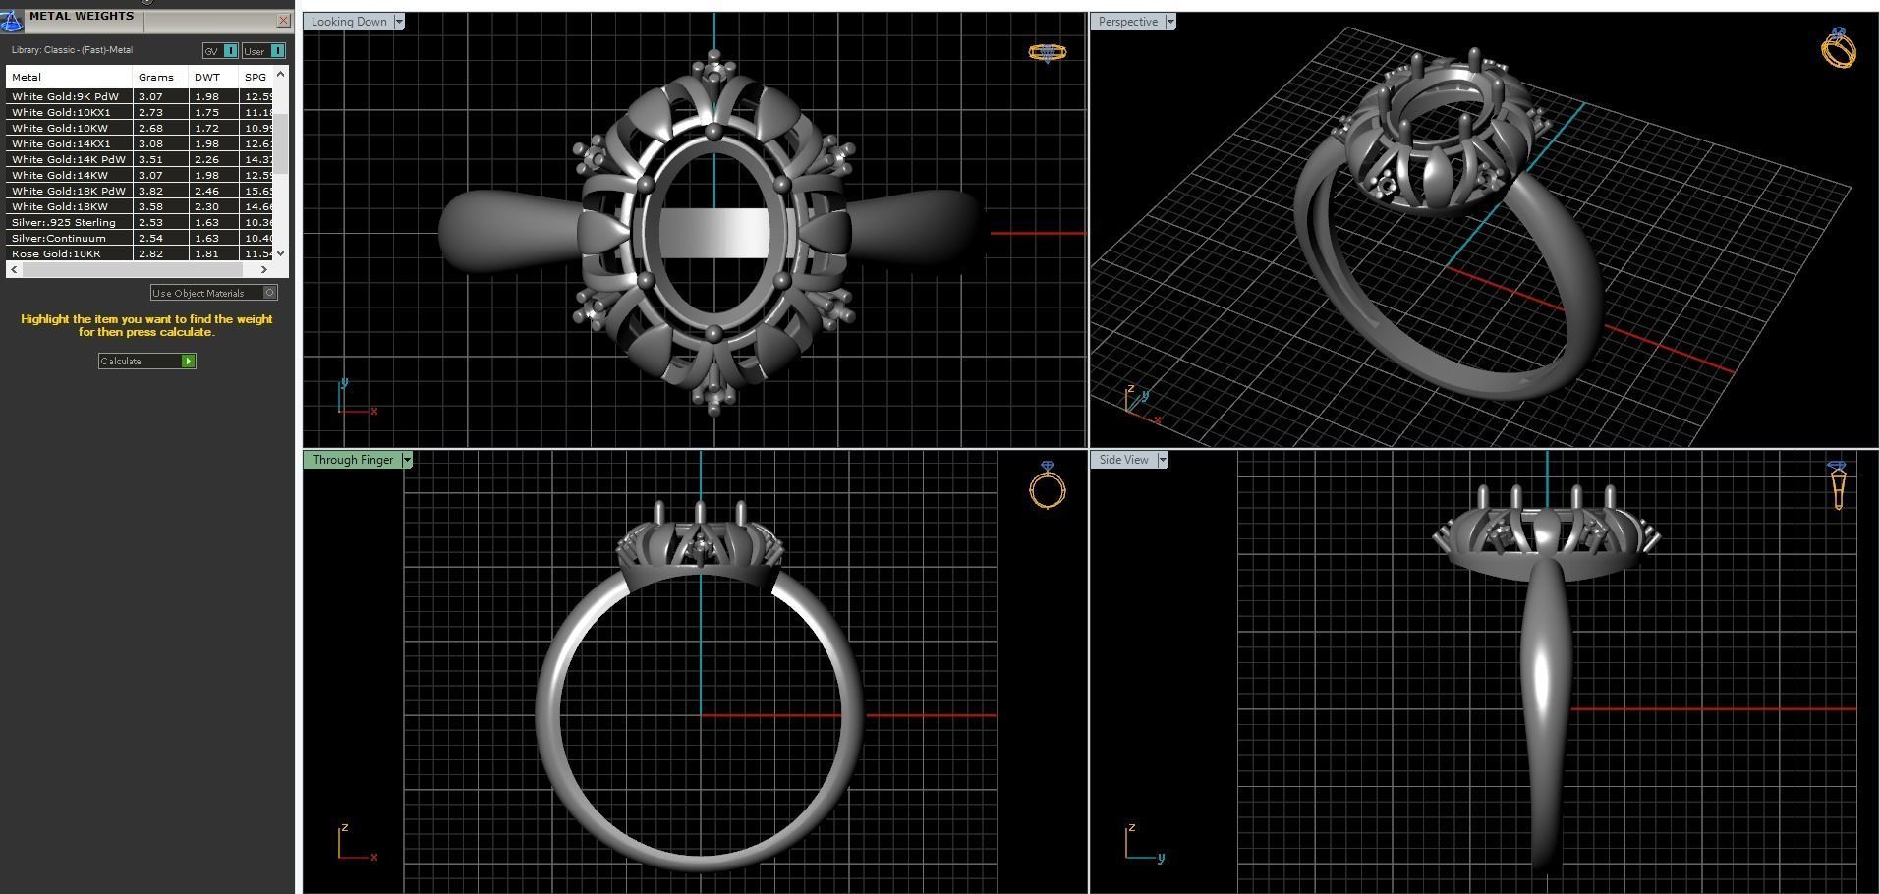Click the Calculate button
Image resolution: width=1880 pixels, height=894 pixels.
coord(146,362)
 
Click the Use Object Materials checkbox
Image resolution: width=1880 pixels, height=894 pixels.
coord(270,293)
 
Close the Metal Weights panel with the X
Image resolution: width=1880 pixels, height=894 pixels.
coord(284,20)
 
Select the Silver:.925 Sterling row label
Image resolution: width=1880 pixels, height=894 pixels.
coord(64,223)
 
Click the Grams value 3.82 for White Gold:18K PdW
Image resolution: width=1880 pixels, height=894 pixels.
coord(150,192)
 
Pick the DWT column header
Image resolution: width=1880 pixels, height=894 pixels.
coord(207,77)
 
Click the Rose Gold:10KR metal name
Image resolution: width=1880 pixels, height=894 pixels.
coord(56,254)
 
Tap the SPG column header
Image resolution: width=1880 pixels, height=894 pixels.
coord(256,77)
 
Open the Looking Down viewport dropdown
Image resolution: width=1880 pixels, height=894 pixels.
coord(399,22)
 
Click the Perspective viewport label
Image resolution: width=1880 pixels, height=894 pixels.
coord(1127,22)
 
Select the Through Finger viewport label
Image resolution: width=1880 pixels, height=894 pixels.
coord(352,460)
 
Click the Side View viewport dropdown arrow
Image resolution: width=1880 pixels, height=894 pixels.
coord(1163,460)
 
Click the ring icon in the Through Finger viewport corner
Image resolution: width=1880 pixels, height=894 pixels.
coord(1047,485)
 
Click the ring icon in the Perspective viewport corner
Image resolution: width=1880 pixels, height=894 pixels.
coord(1838,48)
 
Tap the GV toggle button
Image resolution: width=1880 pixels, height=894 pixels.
coord(220,51)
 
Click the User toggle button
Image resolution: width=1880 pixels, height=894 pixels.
coord(263,51)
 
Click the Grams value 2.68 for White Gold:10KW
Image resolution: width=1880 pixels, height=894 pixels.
coord(150,129)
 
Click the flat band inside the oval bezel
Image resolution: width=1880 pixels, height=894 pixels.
coord(713,234)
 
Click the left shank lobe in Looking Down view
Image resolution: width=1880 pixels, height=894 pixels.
coord(501,232)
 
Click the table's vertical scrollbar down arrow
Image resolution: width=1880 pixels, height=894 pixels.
coord(281,253)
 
